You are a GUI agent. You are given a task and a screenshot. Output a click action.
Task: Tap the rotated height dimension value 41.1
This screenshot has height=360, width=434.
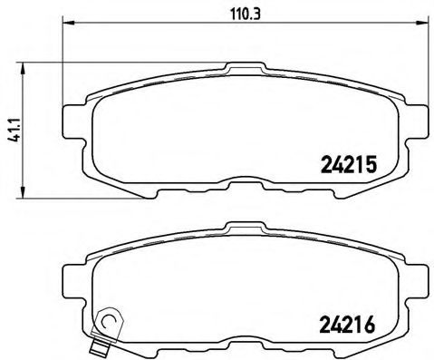click(x=11, y=128)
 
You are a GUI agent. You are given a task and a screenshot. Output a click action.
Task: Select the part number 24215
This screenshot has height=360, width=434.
click(x=349, y=163)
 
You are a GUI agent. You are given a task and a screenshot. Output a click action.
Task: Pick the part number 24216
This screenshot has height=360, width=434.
click(x=349, y=322)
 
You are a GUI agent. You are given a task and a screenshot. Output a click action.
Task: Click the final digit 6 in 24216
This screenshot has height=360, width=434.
click(x=370, y=322)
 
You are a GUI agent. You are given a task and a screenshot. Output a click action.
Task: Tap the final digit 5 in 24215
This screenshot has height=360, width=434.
click(x=370, y=163)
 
